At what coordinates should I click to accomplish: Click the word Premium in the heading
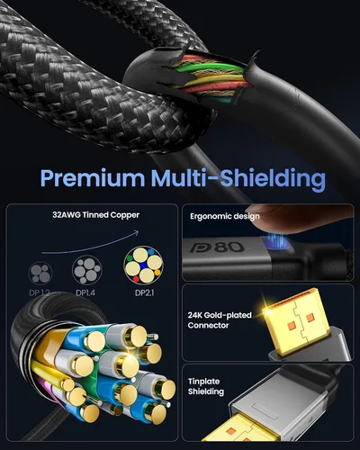[x=93, y=178]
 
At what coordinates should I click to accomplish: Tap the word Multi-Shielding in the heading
[x=238, y=179]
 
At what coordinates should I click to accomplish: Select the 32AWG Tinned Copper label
[x=95, y=215]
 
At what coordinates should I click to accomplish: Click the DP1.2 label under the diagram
[x=40, y=292]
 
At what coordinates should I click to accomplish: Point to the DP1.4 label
[x=85, y=292]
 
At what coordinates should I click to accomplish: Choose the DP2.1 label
[x=144, y=292]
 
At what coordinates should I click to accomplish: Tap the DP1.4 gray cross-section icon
[x=87, y=270]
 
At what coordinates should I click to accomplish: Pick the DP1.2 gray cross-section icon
[x=40, y=273]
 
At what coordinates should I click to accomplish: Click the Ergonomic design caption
[x=225, y=216]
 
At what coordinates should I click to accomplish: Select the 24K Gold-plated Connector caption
[x=220, y=320]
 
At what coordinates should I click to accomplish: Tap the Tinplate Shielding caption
[x=206, y=386]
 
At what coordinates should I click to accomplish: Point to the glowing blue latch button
[x=275, y=242]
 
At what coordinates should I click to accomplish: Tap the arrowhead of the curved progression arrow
[x=137, y=232]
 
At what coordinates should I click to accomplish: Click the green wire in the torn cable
[x=210, y=70]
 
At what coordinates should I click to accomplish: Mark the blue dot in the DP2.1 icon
[x=144, y=265]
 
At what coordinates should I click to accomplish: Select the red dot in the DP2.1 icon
[x=136, y=279]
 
